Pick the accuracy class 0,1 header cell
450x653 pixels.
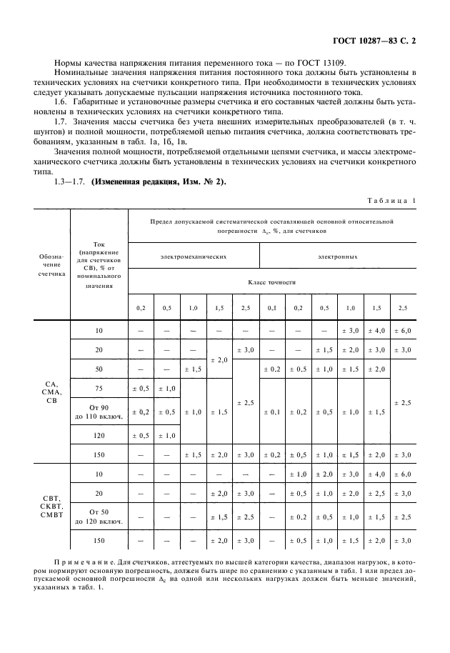click(271, 307)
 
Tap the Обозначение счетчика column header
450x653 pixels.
click(51, 263)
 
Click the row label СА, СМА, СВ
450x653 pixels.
click(51, 394)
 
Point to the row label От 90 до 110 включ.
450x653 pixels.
click(99, 412)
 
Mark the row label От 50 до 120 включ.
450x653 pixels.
click(99, 517)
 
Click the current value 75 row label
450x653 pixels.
click(99, 389)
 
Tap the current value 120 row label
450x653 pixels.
click(99, 435)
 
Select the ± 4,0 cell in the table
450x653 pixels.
click(376, 331)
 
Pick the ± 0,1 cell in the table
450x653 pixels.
click(271, 412)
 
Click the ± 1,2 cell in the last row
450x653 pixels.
click(349, 541)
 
